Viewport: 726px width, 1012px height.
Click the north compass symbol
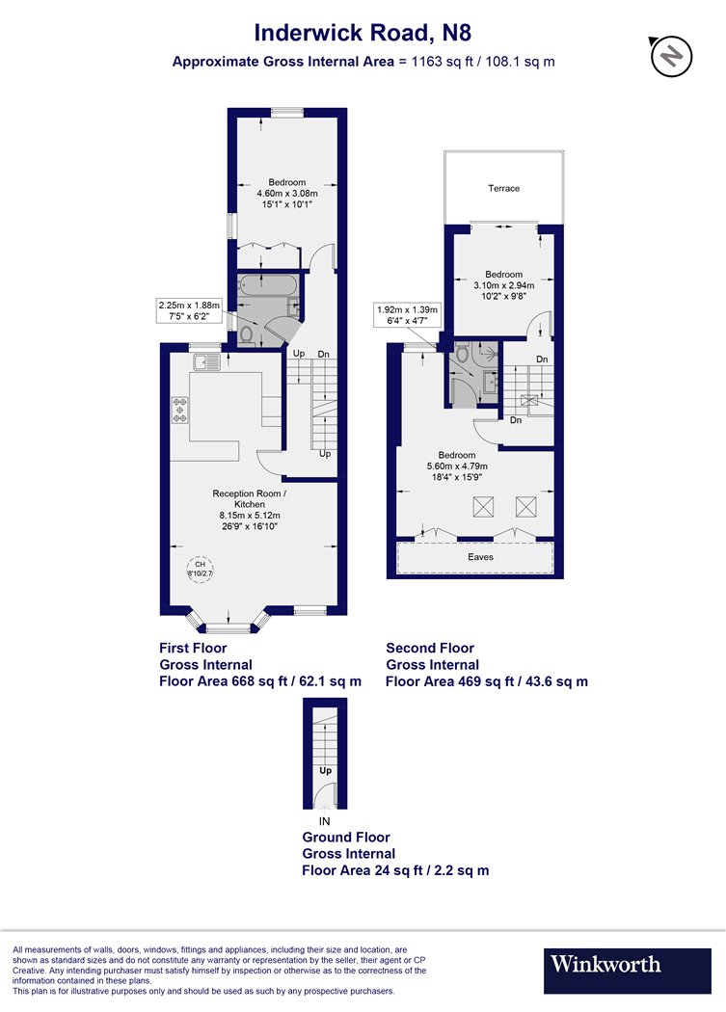point(671,56)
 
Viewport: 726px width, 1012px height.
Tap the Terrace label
point(504,189)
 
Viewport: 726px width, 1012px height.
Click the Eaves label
point(480,557)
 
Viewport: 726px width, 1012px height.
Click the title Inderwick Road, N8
point(363,32)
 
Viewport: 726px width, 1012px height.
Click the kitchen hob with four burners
point(180,411)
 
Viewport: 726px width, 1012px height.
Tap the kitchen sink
point(206,362)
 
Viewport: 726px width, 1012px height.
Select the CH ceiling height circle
point(201,569)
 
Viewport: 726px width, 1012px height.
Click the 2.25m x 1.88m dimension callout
point(189,310)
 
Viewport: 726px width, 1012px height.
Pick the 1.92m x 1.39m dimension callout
point(408,314)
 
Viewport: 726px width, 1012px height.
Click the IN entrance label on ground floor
point(324,821)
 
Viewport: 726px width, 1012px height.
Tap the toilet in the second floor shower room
point(462,353)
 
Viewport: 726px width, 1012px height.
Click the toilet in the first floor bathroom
point(246,333)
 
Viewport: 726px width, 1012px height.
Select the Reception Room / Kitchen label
point(250,499)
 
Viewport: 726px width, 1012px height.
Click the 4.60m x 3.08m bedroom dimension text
point(287,193)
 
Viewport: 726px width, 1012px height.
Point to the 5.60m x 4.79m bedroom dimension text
point(457,466)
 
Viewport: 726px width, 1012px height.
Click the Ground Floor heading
point(346,838)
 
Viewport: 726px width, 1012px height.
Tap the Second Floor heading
point(430,648)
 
